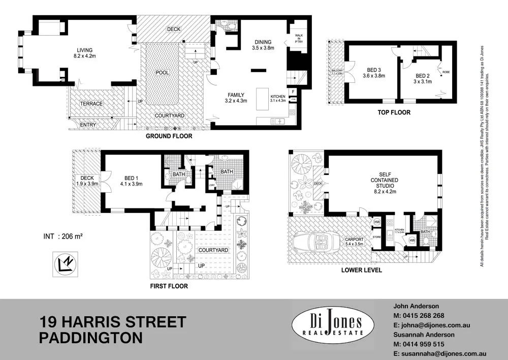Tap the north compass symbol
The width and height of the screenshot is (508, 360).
point(65,264)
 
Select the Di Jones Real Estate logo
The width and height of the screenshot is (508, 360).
point(332,324)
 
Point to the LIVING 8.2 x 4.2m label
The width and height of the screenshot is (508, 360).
point(84,53)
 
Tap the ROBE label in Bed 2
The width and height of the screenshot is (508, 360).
point(446,72)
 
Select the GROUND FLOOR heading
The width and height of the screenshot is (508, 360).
point(169,136)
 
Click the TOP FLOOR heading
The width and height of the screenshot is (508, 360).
point(393,112)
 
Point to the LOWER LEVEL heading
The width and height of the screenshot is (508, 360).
point(362,270)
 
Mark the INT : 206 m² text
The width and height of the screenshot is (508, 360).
point(62,236)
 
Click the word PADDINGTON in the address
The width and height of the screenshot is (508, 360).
point(91,338)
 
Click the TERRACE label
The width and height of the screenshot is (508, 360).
point(91,104)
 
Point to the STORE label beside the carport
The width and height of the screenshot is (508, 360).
point(376,236)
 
